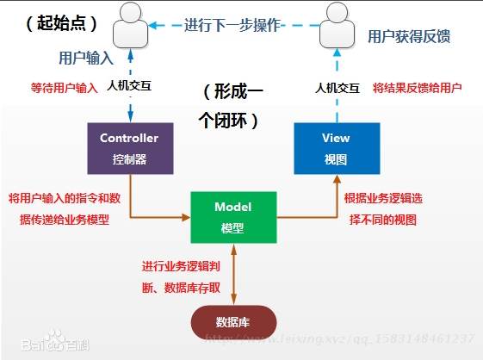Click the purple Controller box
coord(130,148)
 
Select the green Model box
coord(233,217)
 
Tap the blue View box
coord(337,148)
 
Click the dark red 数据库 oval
coord(233,322)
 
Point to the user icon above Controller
coord(130,25)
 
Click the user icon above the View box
coord(337,25)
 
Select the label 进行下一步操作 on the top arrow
coord(232,25)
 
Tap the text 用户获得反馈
coord(409,36)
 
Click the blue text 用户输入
coord(86,58)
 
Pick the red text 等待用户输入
coord(64,88)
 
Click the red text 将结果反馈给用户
coord(417,88)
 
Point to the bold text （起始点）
coord(62,23)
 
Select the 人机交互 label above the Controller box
coord(129,85)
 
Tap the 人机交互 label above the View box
coord(337,88)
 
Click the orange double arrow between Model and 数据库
coord(234,275)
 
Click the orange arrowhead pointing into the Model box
coord(186,217)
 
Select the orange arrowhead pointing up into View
coord(337,179)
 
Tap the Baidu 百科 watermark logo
coord(55,341)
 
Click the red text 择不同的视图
coord(383,220)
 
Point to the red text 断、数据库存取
coord(181,288)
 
